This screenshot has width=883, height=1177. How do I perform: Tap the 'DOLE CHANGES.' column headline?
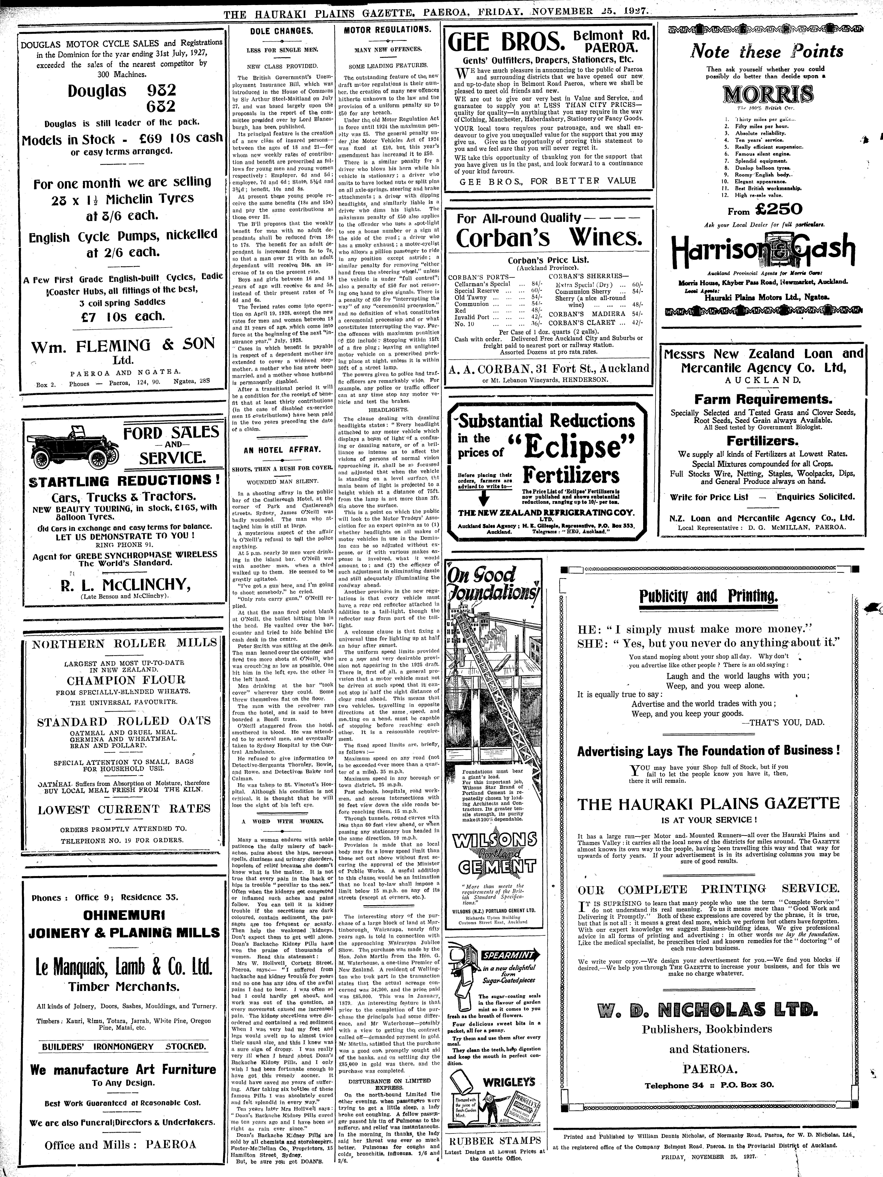click(x=281, y=31)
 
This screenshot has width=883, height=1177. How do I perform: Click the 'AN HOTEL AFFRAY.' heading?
click(x=282, y=450)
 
